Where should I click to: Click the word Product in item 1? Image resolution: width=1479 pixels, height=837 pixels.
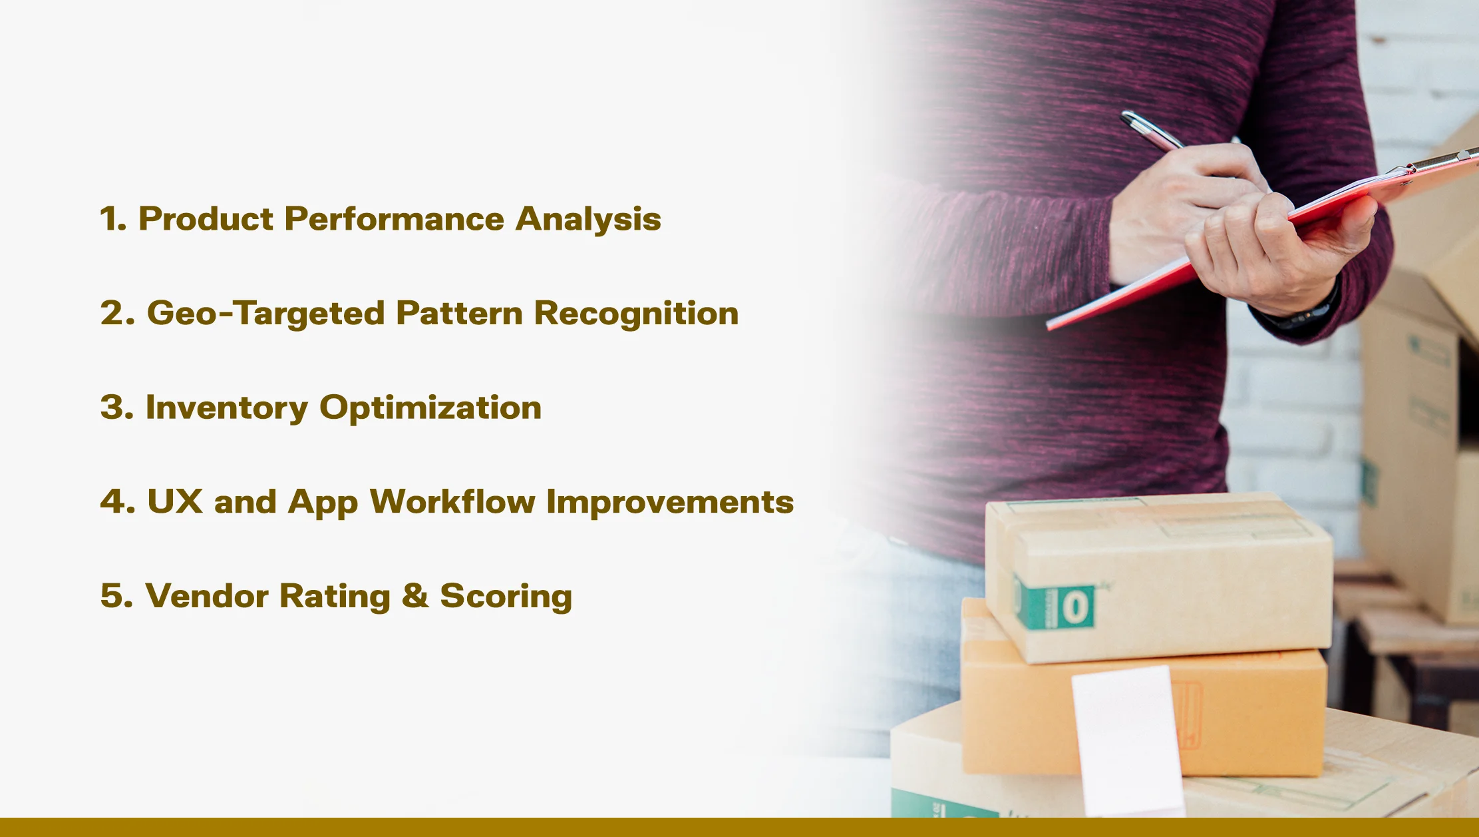click(x=206, y=219)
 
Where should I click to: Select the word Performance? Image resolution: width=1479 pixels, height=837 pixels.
click(x=394, y=219)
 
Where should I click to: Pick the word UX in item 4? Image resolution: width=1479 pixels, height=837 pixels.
click(x=175, y=501)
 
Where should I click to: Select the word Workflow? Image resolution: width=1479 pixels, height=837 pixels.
click(x=452, y=501)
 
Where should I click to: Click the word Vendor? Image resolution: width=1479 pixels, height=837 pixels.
click(x=206, y=596)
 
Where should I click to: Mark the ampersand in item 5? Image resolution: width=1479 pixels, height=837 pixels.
click(x=415, y=595)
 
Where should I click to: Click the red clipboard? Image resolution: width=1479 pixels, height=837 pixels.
click(x=1264, y=240)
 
